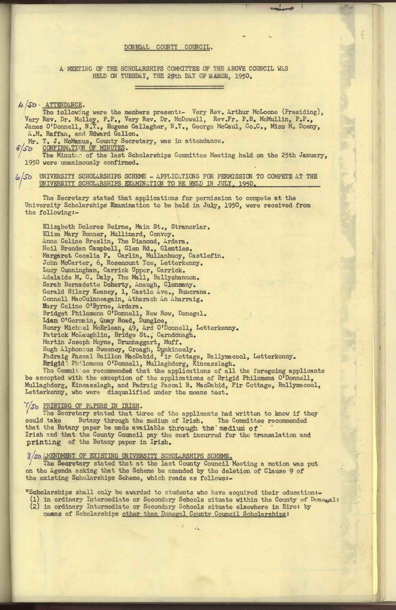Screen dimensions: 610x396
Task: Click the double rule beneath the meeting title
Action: click(x=179, y=87)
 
